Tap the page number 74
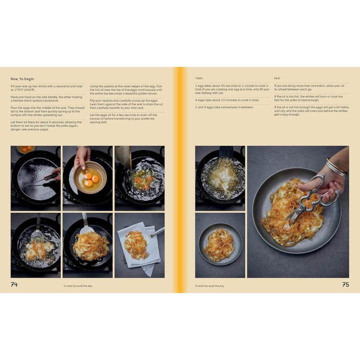(x=14, y=284)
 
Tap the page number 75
(x=345, y=284)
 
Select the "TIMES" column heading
(x=199, y=78)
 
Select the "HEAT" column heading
(x=277, y=78)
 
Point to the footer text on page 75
(x=209, y=286)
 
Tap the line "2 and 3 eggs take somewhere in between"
(x=224, y=107)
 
